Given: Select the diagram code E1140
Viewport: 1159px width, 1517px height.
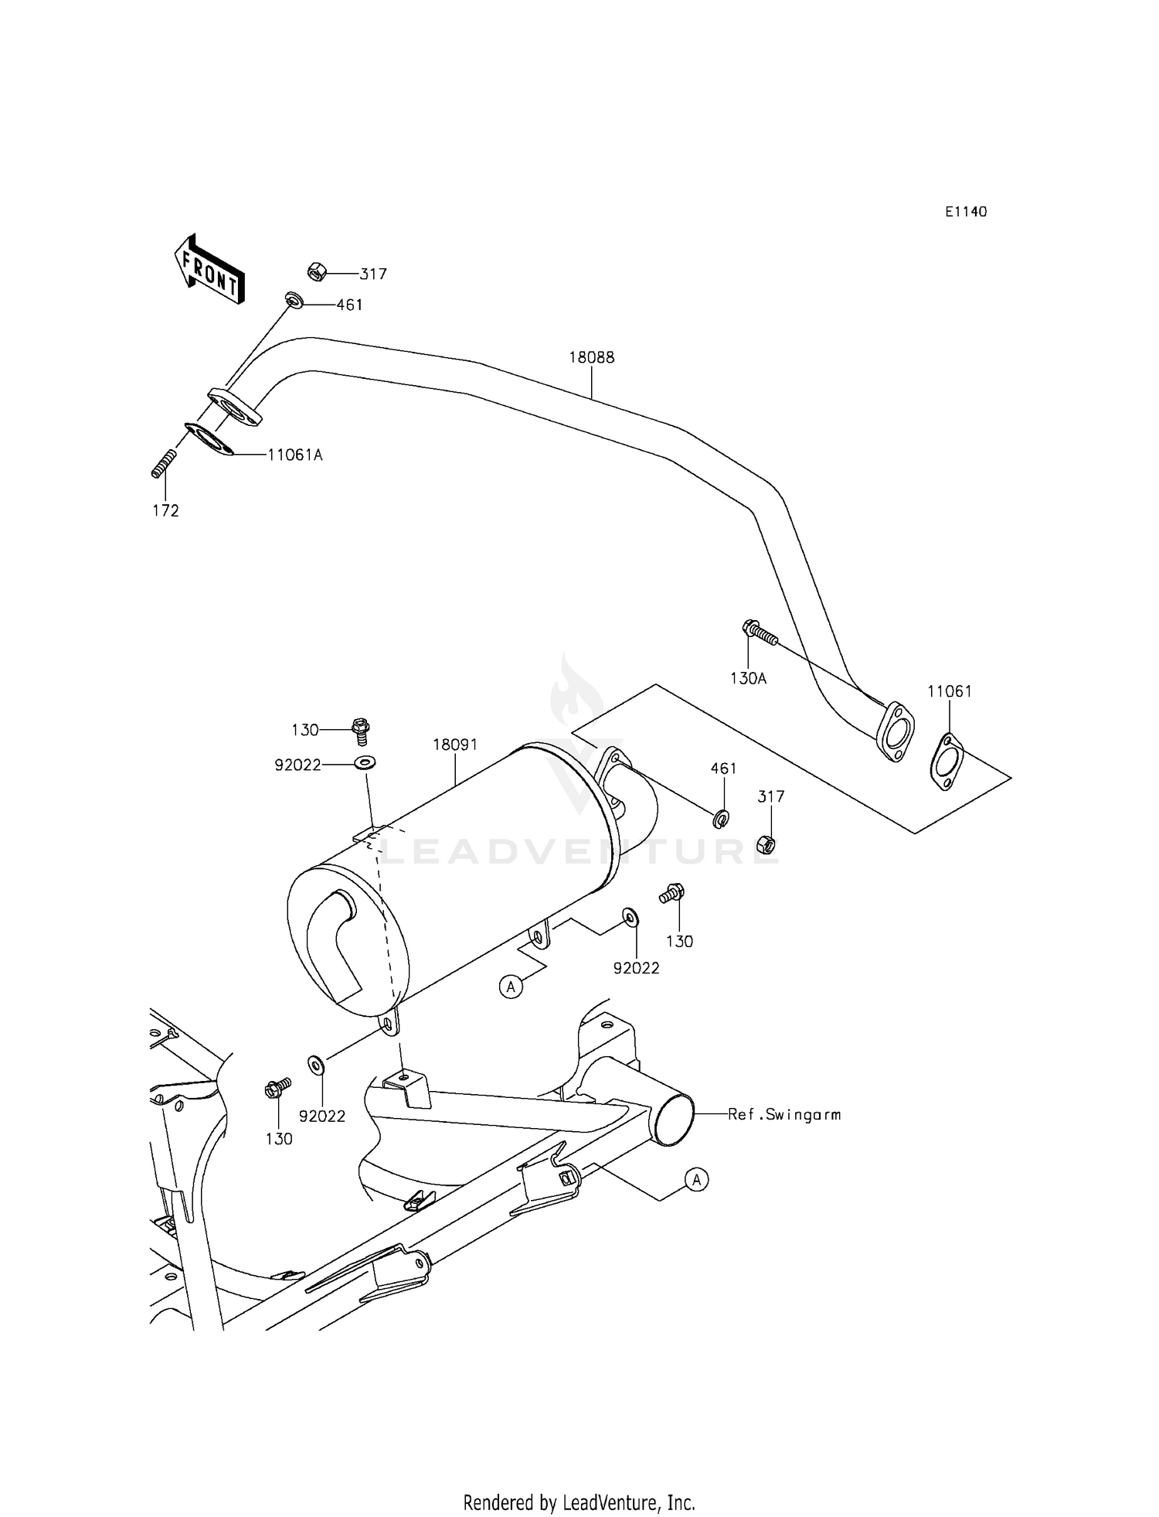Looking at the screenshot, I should click(965, 212).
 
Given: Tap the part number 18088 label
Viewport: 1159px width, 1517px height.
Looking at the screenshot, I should click(592, 358).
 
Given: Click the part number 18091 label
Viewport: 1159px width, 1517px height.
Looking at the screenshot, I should click(455, 745).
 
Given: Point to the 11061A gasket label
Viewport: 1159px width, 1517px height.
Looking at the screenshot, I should click(295, 455).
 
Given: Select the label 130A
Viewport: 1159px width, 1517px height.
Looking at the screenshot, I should click(748, 678).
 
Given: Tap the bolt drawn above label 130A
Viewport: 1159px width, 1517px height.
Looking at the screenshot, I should click(760, 632).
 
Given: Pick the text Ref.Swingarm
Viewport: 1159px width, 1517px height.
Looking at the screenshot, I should click(784, 1114).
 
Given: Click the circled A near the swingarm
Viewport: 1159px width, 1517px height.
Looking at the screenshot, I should click(696, 1180).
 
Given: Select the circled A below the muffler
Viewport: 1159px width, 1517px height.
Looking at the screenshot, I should click(511, 987).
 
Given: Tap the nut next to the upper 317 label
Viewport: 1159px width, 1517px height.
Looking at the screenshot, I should click(316, 271).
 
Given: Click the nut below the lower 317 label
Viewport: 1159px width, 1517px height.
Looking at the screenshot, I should click(766, 844).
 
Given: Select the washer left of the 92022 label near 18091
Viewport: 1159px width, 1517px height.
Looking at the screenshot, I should click(365, 764).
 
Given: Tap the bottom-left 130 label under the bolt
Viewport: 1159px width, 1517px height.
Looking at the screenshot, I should click(279, 1138).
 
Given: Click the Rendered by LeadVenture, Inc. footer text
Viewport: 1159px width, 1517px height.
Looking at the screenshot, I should click(579, 1481).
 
